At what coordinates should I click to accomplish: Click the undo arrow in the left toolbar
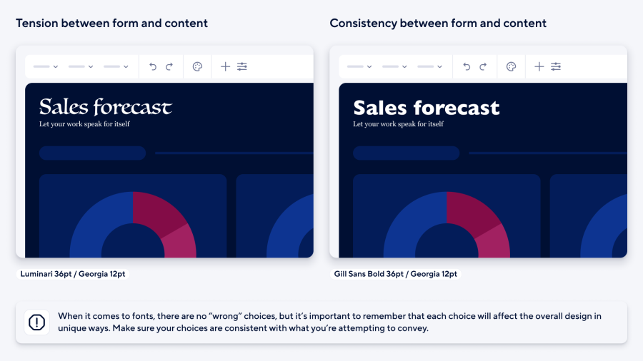153,66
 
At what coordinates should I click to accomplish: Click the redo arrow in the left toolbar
169,66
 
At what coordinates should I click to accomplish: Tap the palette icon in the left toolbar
198,66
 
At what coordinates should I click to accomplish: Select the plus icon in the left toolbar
225,66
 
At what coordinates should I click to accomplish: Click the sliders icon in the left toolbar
242,66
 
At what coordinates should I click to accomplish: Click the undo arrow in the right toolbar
467,66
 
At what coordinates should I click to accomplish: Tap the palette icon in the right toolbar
512,66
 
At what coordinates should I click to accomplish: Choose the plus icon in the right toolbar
539,66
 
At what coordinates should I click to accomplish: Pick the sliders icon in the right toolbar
556,66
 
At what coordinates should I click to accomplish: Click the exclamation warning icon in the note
36,322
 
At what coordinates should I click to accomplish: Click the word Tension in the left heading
36,24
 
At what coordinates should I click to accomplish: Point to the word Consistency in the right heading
363,24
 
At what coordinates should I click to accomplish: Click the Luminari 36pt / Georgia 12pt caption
71,273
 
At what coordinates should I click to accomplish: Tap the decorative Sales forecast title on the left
105,107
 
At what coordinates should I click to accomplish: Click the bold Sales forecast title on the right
427,108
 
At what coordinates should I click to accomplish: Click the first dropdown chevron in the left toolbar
56,67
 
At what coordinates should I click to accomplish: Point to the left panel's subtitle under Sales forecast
84,124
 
